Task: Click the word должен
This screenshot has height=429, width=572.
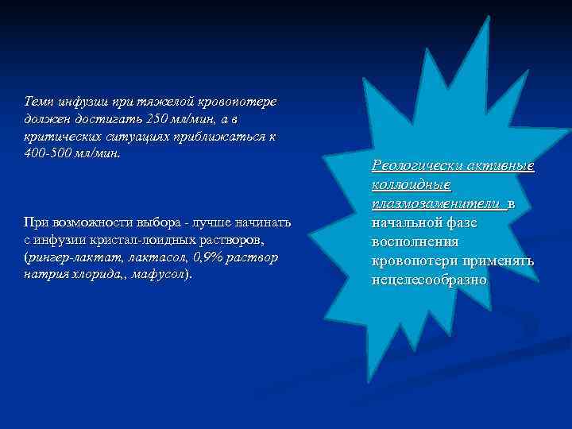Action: tap(45, 118)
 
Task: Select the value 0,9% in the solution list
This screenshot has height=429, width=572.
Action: tap(211, 257)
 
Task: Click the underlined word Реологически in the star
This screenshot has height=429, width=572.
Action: tap(416, 166)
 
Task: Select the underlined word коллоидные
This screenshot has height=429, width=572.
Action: tap(412, 185)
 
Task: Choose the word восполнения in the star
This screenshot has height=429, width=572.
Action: tap(414, 242)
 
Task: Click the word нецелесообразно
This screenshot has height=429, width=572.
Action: tap(429, 280)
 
